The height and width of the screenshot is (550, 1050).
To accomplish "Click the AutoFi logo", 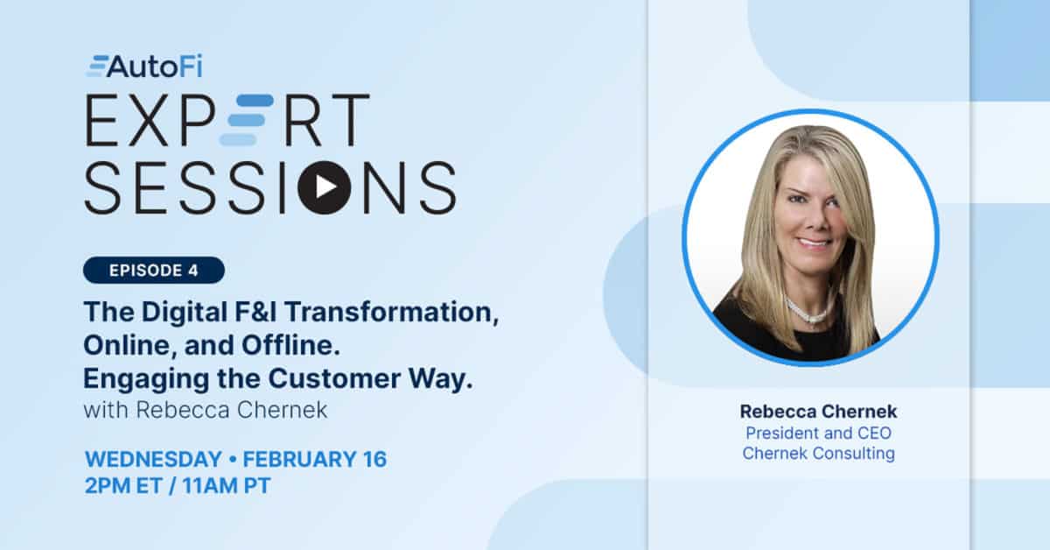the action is point(143,67).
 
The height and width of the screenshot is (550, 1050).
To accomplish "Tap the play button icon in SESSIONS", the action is point(325,187).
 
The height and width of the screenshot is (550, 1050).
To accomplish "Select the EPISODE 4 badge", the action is point(154,271).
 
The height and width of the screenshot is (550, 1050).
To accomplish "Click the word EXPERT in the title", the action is point(227,120).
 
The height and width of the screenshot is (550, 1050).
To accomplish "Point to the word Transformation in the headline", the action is point(391,312).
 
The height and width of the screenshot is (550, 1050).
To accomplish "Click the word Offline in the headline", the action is point(290,345).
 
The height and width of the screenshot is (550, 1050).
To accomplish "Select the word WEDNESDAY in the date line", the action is point(153,459).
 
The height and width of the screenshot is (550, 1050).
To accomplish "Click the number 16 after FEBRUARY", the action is point(374,459).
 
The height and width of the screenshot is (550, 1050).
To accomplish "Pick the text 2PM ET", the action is point(123,486).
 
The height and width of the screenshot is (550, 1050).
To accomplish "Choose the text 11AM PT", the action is point(227,486).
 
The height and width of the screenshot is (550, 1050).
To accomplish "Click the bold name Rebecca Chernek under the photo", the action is point(818,412).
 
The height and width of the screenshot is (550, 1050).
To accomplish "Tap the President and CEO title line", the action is point(818,433).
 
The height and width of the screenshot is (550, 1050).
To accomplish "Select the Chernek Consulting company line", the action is point(818,454).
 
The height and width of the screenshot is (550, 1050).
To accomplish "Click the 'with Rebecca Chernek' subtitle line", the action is point(206,410).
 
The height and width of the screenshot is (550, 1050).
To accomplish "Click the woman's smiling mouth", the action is point(815,243).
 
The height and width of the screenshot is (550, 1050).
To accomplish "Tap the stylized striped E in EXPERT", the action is point(246,120).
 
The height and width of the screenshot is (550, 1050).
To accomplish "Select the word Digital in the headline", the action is point(185,312).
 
